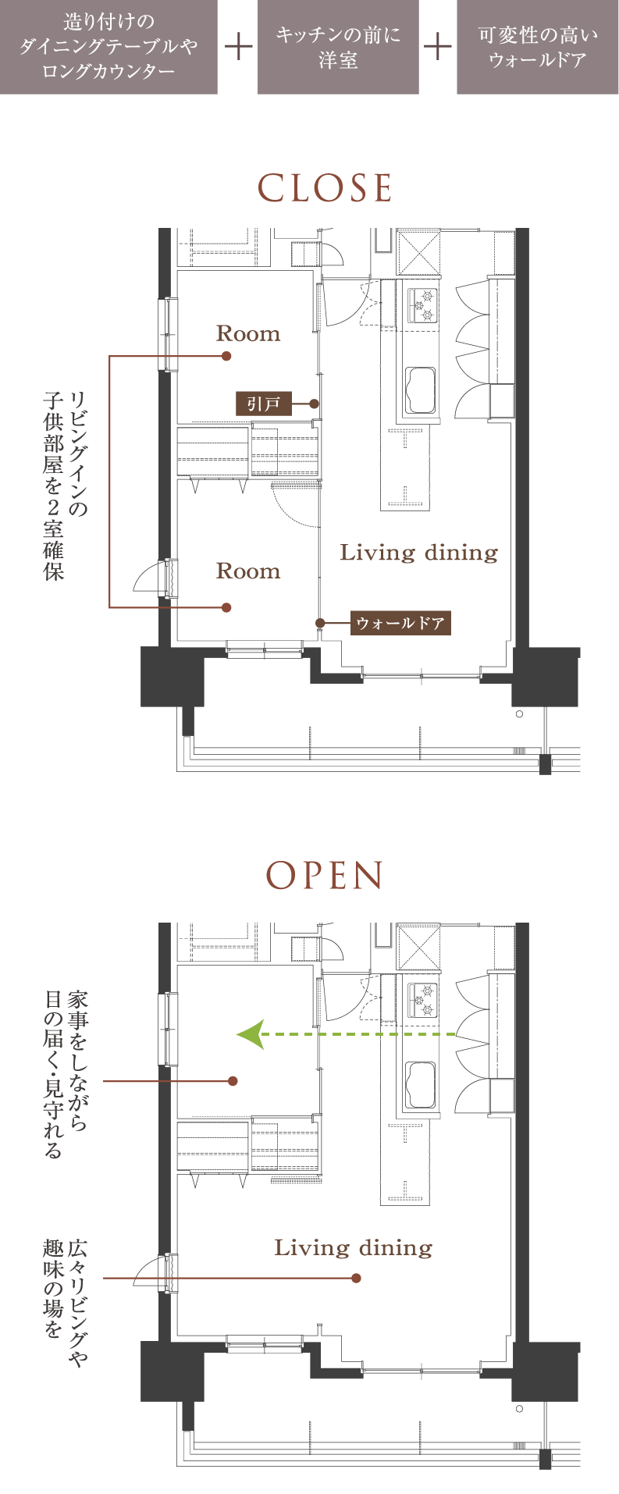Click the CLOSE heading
[x=325, y=188]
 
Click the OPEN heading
[x=325, y=876]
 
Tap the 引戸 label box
[x=263, y=404]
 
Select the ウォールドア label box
[x=400, y=623]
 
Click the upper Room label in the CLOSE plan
[x=248, y=334]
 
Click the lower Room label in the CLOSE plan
[x=248, y=571]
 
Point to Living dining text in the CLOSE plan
[x=419, y=553]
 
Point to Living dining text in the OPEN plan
[x=354, y=1247]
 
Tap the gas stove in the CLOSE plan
[x=421, y=305]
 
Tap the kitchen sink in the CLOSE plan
[x=420, y=388]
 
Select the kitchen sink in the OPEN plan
[x=420, y=1083]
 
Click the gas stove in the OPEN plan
[x=421, y=1000]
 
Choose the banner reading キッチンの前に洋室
[x=338, y=47]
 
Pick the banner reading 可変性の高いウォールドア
[x=538, y=47]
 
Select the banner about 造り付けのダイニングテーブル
[x=109, y=47]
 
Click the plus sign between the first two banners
[x=238, y=47]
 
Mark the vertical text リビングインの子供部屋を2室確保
[x=66, y=485]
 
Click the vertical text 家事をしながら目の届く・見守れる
[x=66, y=1073]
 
